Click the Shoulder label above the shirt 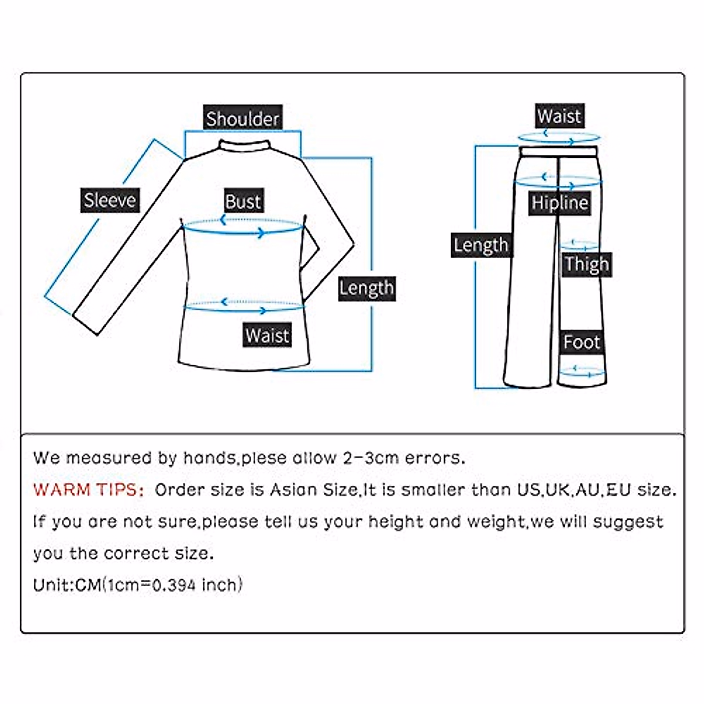coord(242,119)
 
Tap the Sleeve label coord(110,200)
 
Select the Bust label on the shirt coord(243,201)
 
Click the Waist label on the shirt coord(267,336)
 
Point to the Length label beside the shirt coord(367,288)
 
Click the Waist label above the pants coord(559,116)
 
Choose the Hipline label coord(560,203)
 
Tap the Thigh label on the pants coord(587,265)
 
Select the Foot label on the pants coord(581,342)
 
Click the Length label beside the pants coord(480,245)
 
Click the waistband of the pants coord(559,151)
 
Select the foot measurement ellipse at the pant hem coord(581,371)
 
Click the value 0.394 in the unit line coord(174,585)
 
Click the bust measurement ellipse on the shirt coord(243,227)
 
